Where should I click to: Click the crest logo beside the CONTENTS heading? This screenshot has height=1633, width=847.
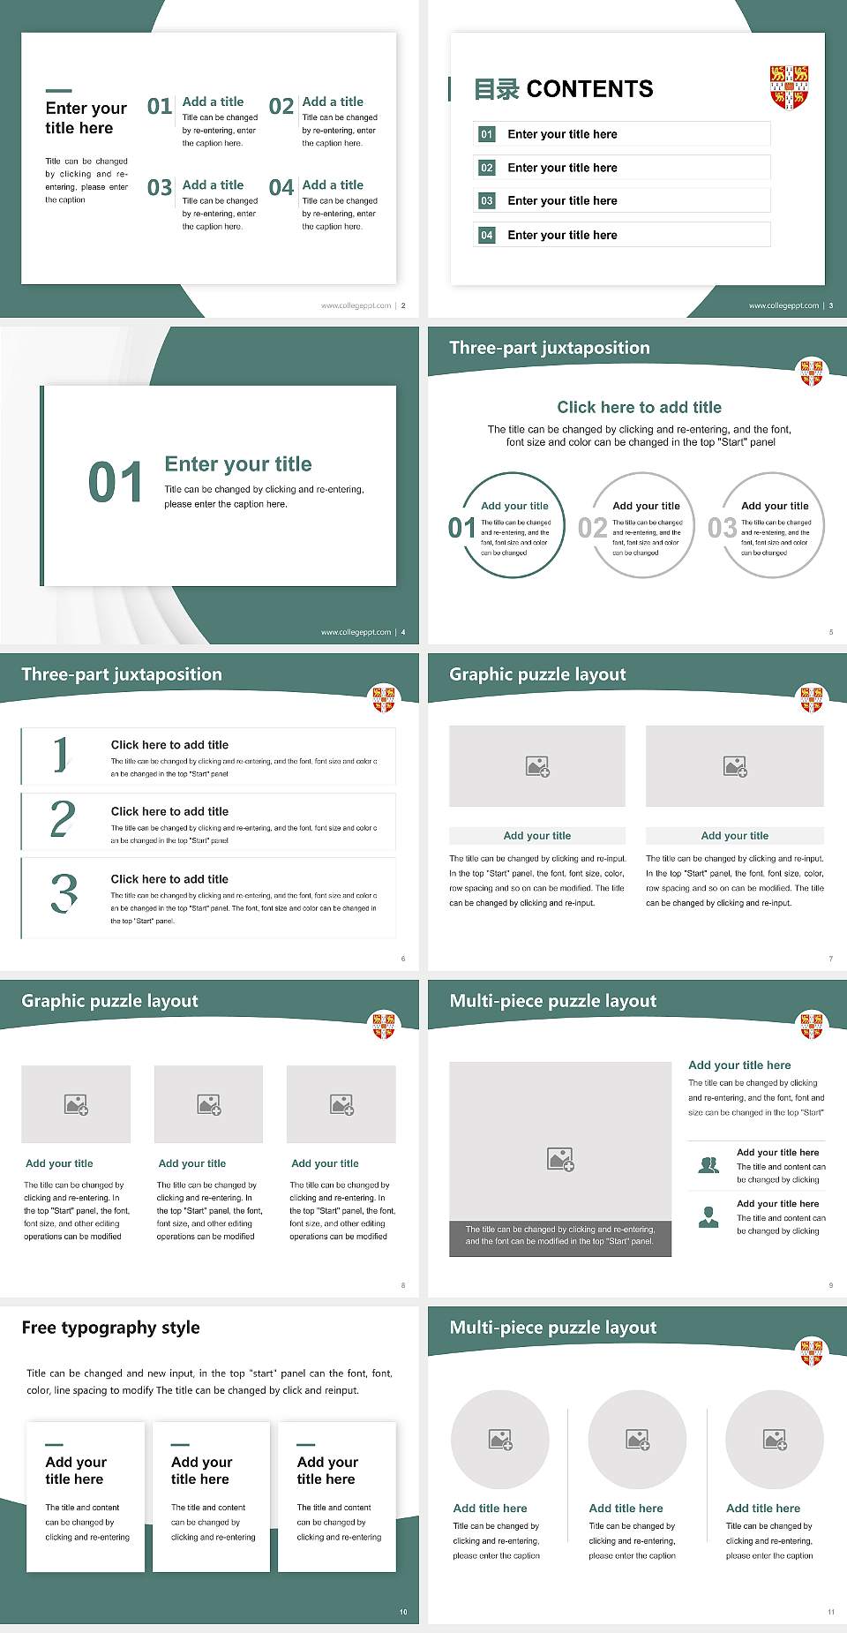click(x=789, y=86)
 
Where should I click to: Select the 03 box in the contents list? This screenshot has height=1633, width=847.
click(x=487, y=201)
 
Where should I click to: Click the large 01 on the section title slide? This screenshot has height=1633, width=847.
click(x=116, y=483)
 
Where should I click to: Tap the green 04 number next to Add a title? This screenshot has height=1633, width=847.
click(x=281, y=188)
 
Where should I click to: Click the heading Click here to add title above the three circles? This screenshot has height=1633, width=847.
click(x=639, y=407)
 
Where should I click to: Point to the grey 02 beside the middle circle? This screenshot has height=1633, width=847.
click(x=592, y=528)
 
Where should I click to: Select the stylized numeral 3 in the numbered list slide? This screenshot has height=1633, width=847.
click(x=64, y=893)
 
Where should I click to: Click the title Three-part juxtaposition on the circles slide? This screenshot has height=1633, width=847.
click(x=549, y=348)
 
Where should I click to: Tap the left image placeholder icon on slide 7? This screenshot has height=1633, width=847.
click(x=537, y=766)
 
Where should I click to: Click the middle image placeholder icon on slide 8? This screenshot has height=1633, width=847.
click(x=209, y=1104)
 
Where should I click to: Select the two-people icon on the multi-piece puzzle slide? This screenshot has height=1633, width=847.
click(x=708, y=1165)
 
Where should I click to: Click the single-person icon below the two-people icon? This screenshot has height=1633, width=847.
click(x=708, y=1217)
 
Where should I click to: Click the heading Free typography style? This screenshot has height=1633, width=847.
click(x=110, y=1328)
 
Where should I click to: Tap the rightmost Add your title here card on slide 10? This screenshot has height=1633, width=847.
click(x=336, y=1496)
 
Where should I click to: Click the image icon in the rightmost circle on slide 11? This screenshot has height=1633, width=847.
click(x=775, y=1440)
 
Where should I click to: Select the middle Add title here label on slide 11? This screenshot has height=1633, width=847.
click(x=626, y=1509)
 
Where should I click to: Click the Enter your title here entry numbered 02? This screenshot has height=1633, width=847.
click(x=562, y=168)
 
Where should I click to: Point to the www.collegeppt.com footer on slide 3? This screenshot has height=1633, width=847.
click(x=783, y=305)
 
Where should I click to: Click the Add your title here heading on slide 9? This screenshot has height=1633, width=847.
click(x=739, y=1065)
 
